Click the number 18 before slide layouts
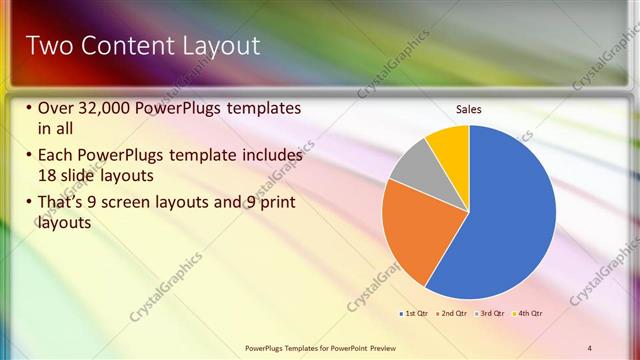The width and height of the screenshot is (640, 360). (47, 176)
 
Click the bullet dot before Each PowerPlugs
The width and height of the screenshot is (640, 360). (29, 156)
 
